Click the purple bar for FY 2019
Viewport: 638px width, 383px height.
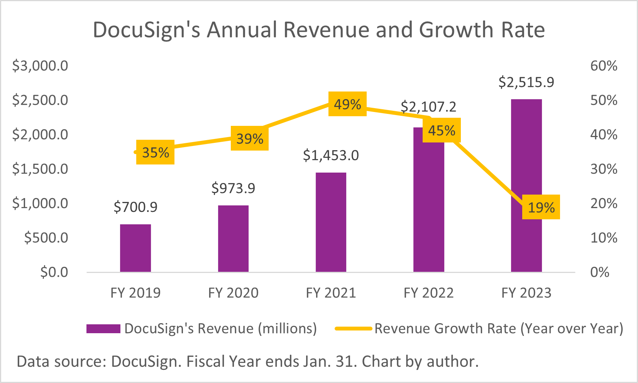click(135, 248)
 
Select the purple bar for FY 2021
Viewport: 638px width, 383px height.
click(331, 222)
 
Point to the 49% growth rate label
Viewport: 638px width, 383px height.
click(347, 104)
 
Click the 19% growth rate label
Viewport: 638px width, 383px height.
click(541, 207)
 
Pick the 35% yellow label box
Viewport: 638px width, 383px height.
click(155, 153)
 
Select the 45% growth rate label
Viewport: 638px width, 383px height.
click(442, 130)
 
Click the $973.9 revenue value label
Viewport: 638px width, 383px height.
click(233, 188)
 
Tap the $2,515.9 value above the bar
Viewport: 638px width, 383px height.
click(526, 82)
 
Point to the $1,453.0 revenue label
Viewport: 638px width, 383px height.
click(331, 155)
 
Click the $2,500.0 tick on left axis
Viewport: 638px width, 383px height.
click(40, 100)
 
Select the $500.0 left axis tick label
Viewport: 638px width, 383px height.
click(46, 238)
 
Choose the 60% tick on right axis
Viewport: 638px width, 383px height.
click(604, 66)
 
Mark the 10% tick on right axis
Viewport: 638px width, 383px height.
click(604, 238)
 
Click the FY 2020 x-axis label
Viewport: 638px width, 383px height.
click(233, 293)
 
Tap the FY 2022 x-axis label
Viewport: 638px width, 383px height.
click(428, 293)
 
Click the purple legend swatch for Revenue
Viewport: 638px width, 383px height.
click(103, 329)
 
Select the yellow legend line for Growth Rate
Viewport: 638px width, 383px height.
click(353, 329)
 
